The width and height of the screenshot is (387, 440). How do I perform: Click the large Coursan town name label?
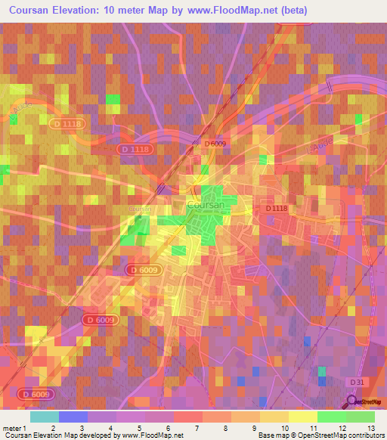(x=204, y=205)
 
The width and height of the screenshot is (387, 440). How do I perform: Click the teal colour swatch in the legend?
(x=45, y=417)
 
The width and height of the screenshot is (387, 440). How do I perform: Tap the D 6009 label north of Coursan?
(x=216, y=144)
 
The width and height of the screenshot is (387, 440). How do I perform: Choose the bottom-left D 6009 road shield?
(x=35, y=394)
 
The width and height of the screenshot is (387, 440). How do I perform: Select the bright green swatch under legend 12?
(x=332, y=417)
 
